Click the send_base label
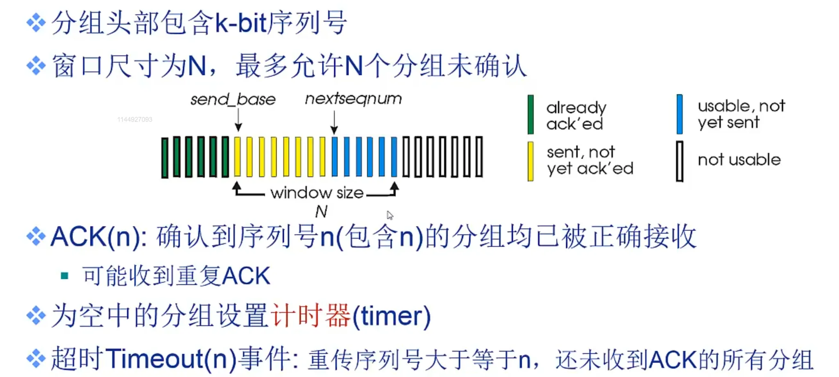[x=233, y=99]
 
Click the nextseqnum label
[x=353, y=99]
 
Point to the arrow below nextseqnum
[x=334, y=122]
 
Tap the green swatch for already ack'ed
[x=531, y=115]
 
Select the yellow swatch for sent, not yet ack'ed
[x=531, y=161]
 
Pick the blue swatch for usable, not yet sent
[x=680, y=114]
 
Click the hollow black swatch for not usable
[x=680, y=161]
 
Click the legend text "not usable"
[x=739, y=160]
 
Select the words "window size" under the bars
[x=317, y=193]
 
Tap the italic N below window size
[x=321, y=212]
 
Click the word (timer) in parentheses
[x=391, y=316]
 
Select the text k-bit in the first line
[x=241, y=23]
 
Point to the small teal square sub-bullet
[x=64, y=275]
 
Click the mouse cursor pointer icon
[x=390, y=215]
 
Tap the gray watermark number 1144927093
[x=135, y=120]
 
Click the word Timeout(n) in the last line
[x=171, y=359]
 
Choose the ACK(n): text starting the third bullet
[x=99, y=237]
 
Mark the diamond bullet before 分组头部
[x=36, y=23]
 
